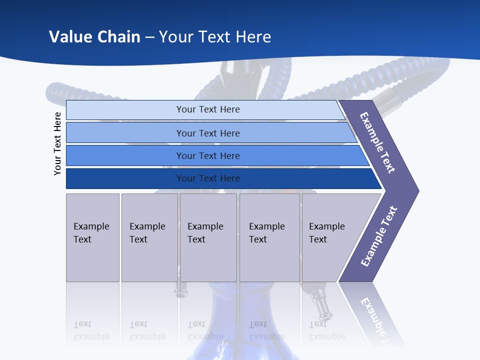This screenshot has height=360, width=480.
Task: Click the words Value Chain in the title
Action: (x=94, y=37)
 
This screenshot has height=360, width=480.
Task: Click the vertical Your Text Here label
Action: (x=57, y=143)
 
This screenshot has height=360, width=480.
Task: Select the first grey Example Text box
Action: (x=92, y=237)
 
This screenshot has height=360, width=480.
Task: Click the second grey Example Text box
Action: (x=149, y=237)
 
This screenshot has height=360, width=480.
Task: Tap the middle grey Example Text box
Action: (x=208, y=237)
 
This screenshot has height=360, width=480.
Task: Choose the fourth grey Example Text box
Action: (x=269, y=237)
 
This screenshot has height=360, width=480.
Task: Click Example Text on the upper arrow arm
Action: (x=377, y=142)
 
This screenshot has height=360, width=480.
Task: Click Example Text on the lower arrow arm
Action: (x=379, y=236)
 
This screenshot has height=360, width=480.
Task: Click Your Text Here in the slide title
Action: (x=215, y=37)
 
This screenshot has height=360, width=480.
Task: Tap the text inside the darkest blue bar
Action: (x=208, y=178)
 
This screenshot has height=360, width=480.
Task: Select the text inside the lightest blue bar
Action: (x=208, y=109)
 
